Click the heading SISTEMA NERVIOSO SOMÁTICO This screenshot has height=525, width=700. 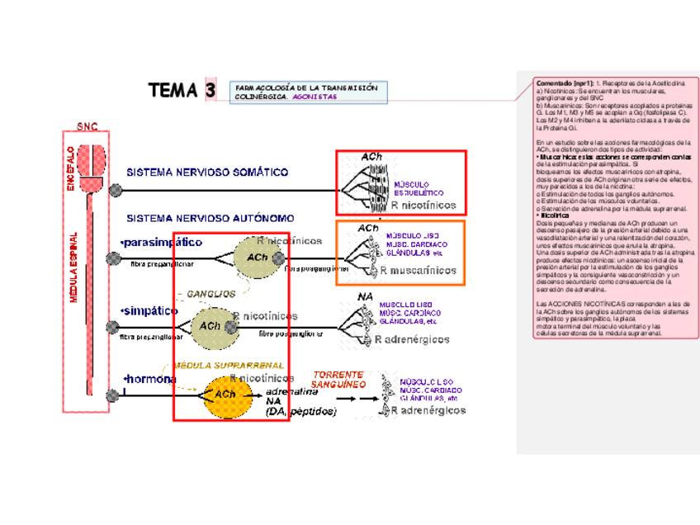[206, 173]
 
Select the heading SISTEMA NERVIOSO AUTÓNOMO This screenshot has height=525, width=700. [209, 219]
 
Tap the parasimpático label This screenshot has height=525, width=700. [161, 243]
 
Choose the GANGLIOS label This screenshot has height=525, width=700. [210, 293]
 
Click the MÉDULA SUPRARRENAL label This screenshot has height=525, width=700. [227, 365]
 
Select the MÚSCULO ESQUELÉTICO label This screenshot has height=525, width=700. [418, 187]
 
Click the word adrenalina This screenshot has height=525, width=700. [292, 391]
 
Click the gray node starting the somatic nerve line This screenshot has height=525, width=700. [116, 190]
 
